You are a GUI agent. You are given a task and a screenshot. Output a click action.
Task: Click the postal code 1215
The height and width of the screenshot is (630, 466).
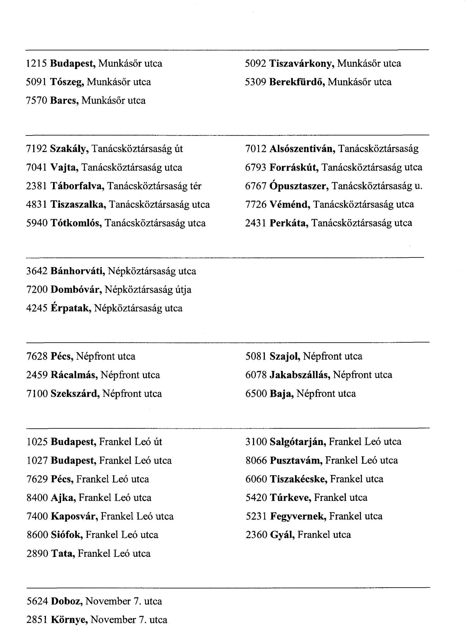(37, 64)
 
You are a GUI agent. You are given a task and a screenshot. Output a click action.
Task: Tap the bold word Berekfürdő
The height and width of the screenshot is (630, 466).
(297, 82)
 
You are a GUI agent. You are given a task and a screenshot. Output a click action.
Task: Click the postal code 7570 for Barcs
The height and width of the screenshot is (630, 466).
(37, 101)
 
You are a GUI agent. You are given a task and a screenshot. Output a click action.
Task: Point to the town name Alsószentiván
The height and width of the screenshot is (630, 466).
(303, 149)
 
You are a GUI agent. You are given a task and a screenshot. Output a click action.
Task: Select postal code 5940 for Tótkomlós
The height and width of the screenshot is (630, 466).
(37, 223)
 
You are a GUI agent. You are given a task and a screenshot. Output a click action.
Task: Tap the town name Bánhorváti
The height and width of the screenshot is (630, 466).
(78, 271)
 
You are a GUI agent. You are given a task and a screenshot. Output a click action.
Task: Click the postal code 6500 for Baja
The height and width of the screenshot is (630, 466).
(256, 394)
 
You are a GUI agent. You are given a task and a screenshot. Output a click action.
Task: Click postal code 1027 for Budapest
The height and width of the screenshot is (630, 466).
(37, 460)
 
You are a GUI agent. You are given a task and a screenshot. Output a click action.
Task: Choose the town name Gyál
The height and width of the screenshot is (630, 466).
(282, 535)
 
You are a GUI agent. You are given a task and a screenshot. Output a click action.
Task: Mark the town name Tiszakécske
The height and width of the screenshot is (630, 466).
(299, 479)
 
